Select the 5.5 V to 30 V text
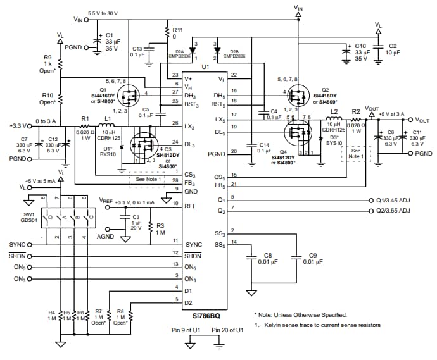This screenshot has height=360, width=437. (103, 13)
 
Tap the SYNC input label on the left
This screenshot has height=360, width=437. (17, 244)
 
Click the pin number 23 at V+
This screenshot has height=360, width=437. (175, 75)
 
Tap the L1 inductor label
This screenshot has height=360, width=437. (108, 118)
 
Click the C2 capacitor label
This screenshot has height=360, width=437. (393, 46)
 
